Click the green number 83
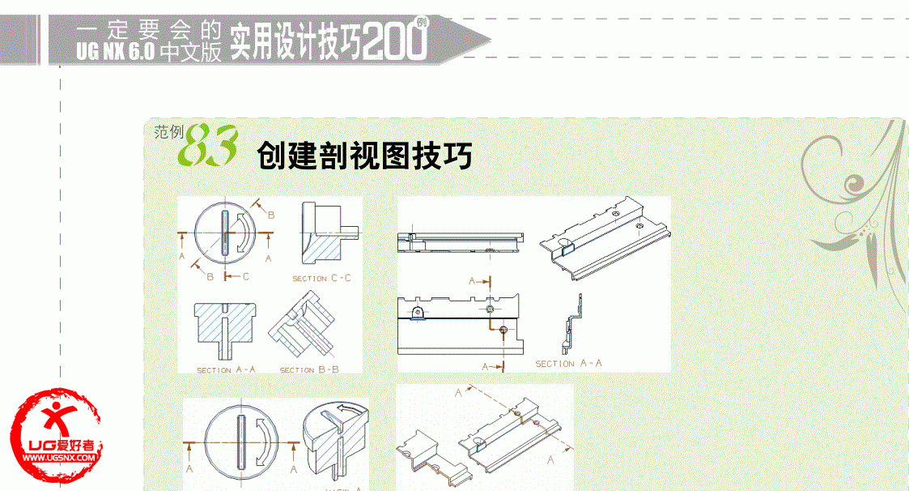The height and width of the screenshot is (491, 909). [206, 146]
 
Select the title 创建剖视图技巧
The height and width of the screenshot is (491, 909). [364, 155]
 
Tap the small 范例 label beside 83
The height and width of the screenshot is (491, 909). [169, 131]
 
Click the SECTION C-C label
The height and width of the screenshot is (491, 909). [322, 279]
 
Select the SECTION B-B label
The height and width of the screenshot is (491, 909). [309, 370]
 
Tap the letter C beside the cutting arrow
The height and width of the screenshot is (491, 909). [245, 277]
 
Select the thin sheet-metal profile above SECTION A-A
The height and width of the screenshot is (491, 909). [572, 324]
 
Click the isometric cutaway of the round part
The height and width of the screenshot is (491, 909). [333, 442]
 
